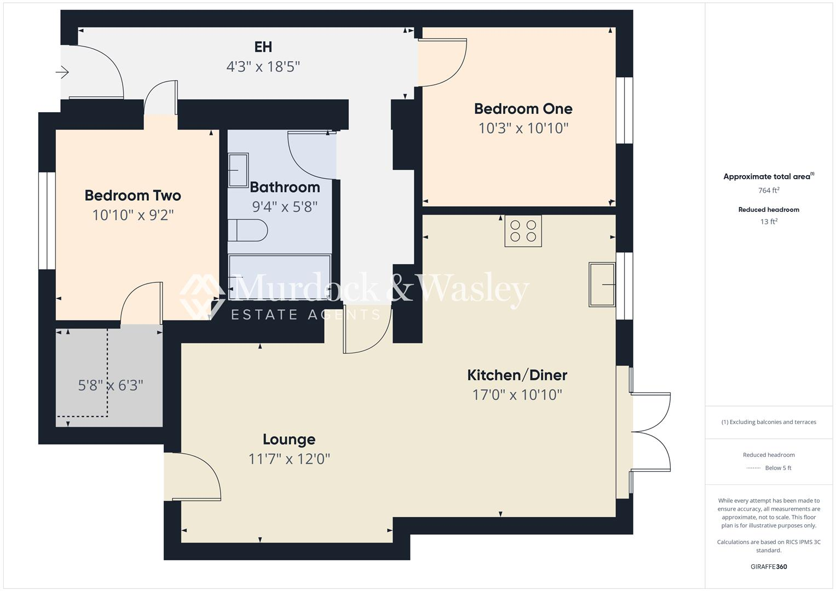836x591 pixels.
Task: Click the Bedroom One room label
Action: (x=523, y=109)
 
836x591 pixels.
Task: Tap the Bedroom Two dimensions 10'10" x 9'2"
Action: (x=132, y=215)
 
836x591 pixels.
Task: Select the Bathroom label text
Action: (x=285, y=187)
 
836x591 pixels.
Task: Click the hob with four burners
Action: (x=523, y=231)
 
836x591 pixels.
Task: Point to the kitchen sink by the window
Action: (x=602, y=284)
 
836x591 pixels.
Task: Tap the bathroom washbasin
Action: (x=238, y=170)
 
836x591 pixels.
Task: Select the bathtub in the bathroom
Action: (x=280, y=277)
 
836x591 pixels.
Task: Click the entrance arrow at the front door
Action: (x=62, y=72)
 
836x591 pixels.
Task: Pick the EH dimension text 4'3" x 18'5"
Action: (x=263, y=67)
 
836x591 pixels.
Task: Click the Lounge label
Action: (x=289, y=439)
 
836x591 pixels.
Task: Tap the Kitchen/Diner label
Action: (x=517, y=375)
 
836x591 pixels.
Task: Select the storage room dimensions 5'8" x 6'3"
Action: (x=110, y=386)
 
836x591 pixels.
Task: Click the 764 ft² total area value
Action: (x=769, y=190)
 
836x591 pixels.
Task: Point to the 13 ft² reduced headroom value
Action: (x=769, y=222)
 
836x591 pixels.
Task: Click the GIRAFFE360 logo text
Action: (x=769, y=566)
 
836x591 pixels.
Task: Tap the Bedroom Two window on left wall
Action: (x=47, y=221)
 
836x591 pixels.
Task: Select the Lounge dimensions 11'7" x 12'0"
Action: (x=289, y=459)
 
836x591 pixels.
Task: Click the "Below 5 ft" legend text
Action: (x=778, y=468)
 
